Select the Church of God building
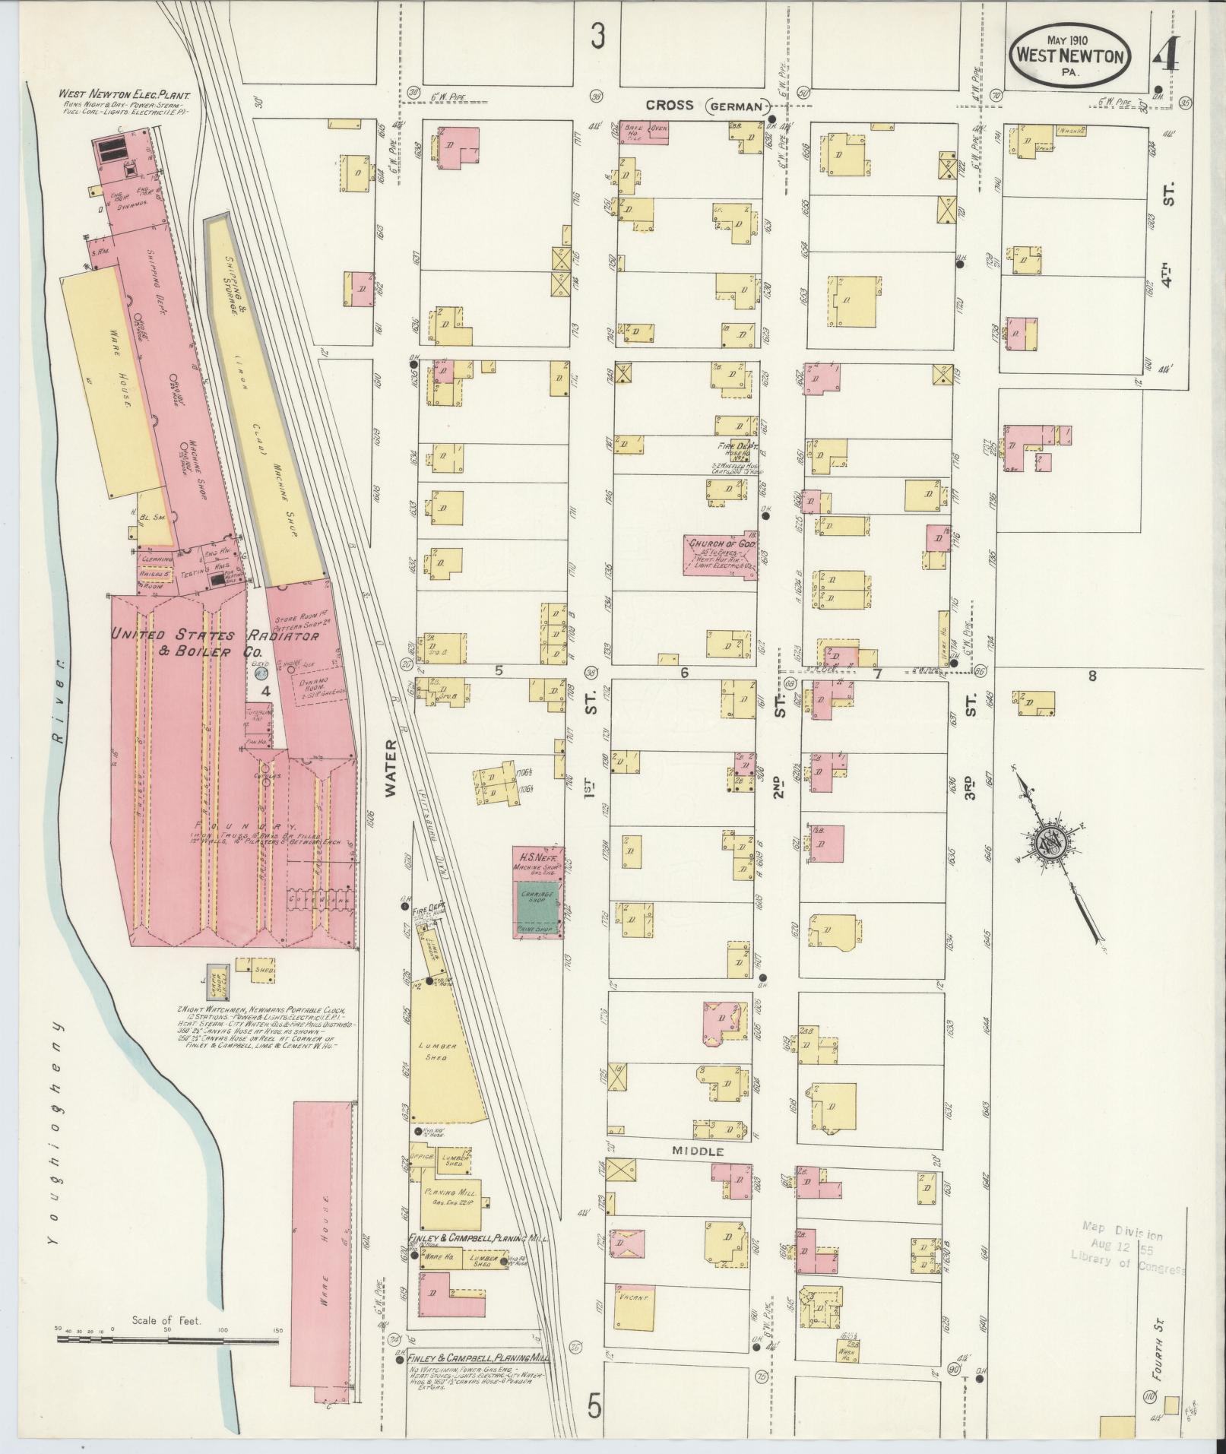pyautogui.click(x=720, y=555)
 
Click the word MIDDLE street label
pyautogui.click(x=696, y=1173)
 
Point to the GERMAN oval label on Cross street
pyautogui.click(x=734, y=107)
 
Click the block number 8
pyautogui.click(x=1092, y=674)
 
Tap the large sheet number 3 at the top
pyautogui.click(x=599, y=35)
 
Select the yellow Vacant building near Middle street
pyautogui.click(x=629, y=1307)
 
